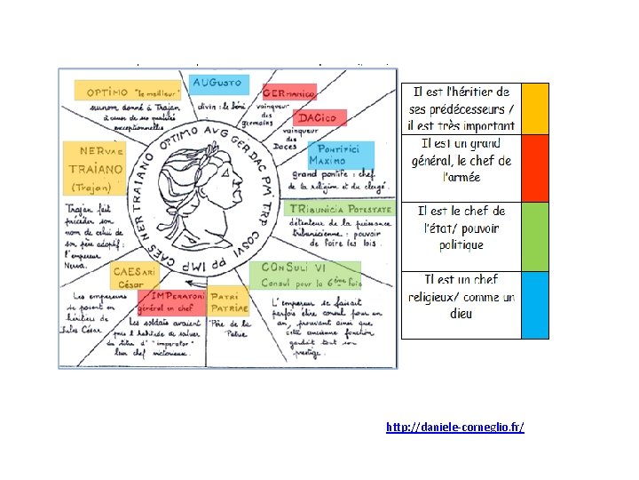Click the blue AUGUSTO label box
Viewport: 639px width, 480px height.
(219, 83)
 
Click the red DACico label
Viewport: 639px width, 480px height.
(320, 118)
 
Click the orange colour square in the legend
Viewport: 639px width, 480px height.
(535, 108)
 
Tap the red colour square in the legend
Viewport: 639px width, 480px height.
(535, 167)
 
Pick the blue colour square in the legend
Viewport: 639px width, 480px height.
(535, 304)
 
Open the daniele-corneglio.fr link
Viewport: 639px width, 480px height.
(455, 428)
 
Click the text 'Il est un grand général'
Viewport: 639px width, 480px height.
(461, 152)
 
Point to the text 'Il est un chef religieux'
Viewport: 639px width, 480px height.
(461, 288)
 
